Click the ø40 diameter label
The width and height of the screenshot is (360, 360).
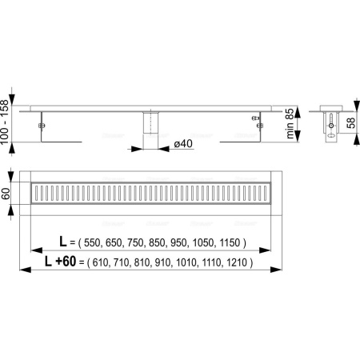point(183,144)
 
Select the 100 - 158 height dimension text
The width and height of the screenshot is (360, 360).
point(5,122)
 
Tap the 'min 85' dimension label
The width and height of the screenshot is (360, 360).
point(290,123)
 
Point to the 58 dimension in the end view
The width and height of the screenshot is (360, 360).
point(352,123)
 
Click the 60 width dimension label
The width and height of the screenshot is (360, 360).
point(6,194)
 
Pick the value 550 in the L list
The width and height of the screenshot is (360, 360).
point(92,243)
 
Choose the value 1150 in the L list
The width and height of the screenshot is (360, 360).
point(230,243)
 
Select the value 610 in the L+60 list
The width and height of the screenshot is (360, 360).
point(101,262)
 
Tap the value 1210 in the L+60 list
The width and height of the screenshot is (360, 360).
point(237,262)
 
